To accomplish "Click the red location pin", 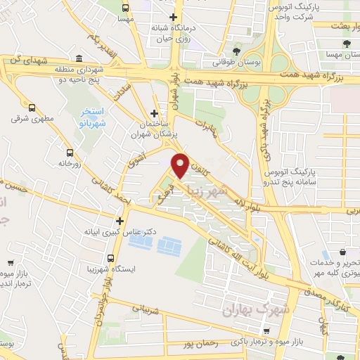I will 180,164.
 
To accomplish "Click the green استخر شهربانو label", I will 89,117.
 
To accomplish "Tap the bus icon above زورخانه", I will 70,153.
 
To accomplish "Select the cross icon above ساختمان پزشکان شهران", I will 154,113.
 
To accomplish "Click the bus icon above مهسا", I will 125,8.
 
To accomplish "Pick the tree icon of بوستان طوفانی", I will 236,51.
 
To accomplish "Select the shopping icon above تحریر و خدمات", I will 342,252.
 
